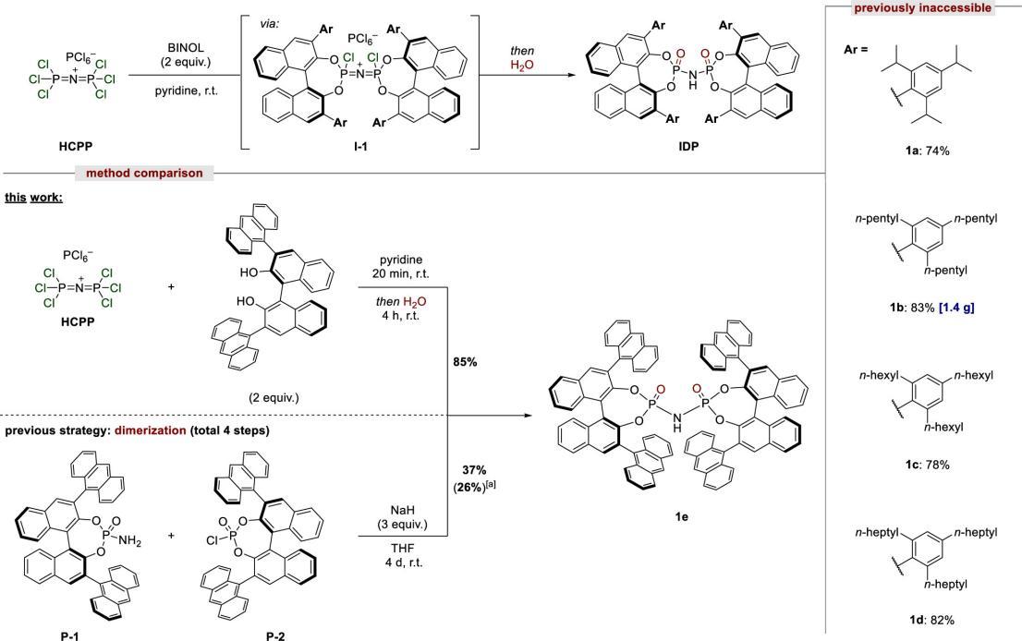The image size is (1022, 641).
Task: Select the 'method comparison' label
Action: point(144,173)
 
